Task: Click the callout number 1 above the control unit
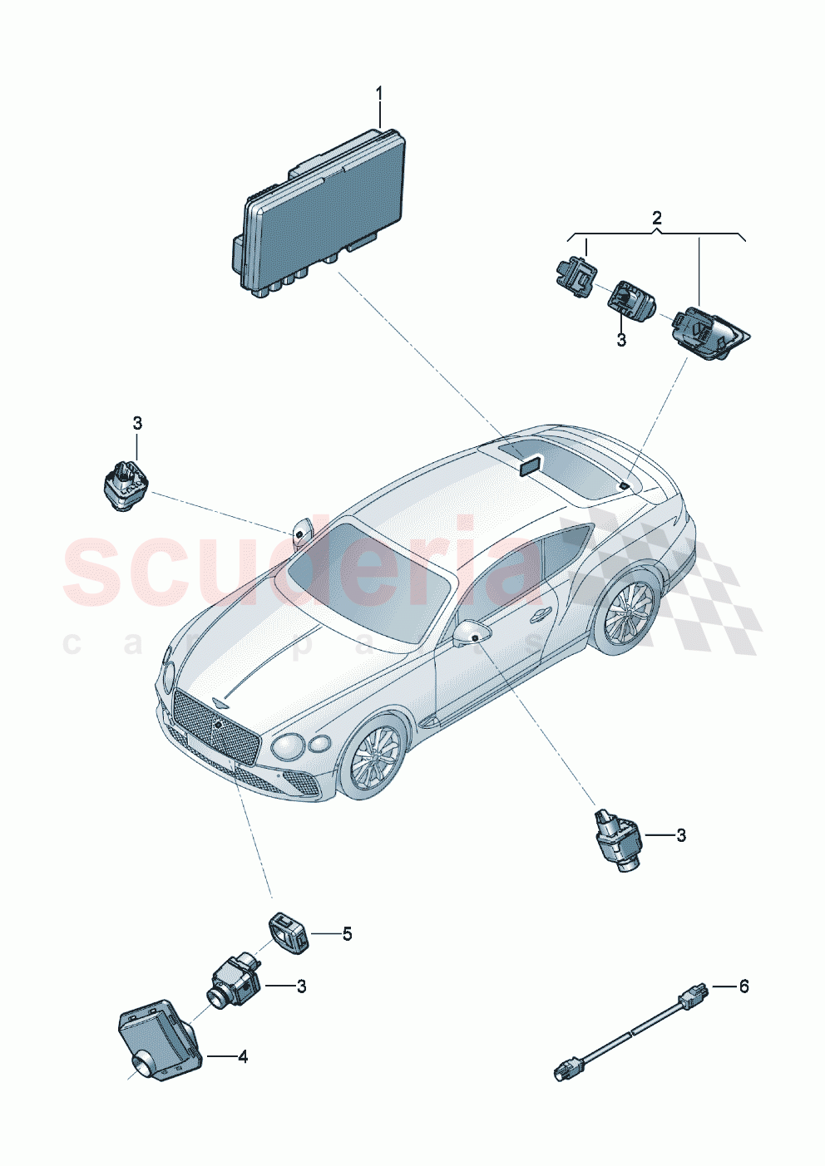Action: pyautogui.click(x=379, y=93)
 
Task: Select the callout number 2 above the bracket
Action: pyautogui.click(x=657, y=219)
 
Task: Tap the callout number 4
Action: pyautogui.click(x=243, y=1057)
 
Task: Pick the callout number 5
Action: pyautogui.click(x=347, y=934)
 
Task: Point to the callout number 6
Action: pyautogui.click(x=743, y=986)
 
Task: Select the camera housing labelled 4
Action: pyautogui.click(x=158, y=1039)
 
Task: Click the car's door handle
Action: pyautogui.click(x=541, y=614)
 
